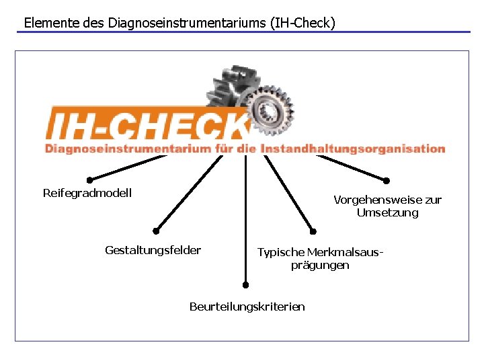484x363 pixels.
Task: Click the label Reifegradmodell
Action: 87,193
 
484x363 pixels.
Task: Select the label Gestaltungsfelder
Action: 153,250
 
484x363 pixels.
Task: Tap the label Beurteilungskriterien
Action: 247,307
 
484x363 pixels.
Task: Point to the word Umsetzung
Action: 387,212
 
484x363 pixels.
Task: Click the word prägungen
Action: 320,265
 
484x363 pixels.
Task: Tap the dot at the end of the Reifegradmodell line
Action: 89,179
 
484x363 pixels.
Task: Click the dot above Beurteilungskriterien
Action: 246,284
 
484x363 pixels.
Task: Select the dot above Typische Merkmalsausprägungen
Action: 313,232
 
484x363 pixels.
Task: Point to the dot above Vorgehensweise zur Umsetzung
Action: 387,180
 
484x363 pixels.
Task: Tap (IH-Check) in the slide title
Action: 302,22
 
